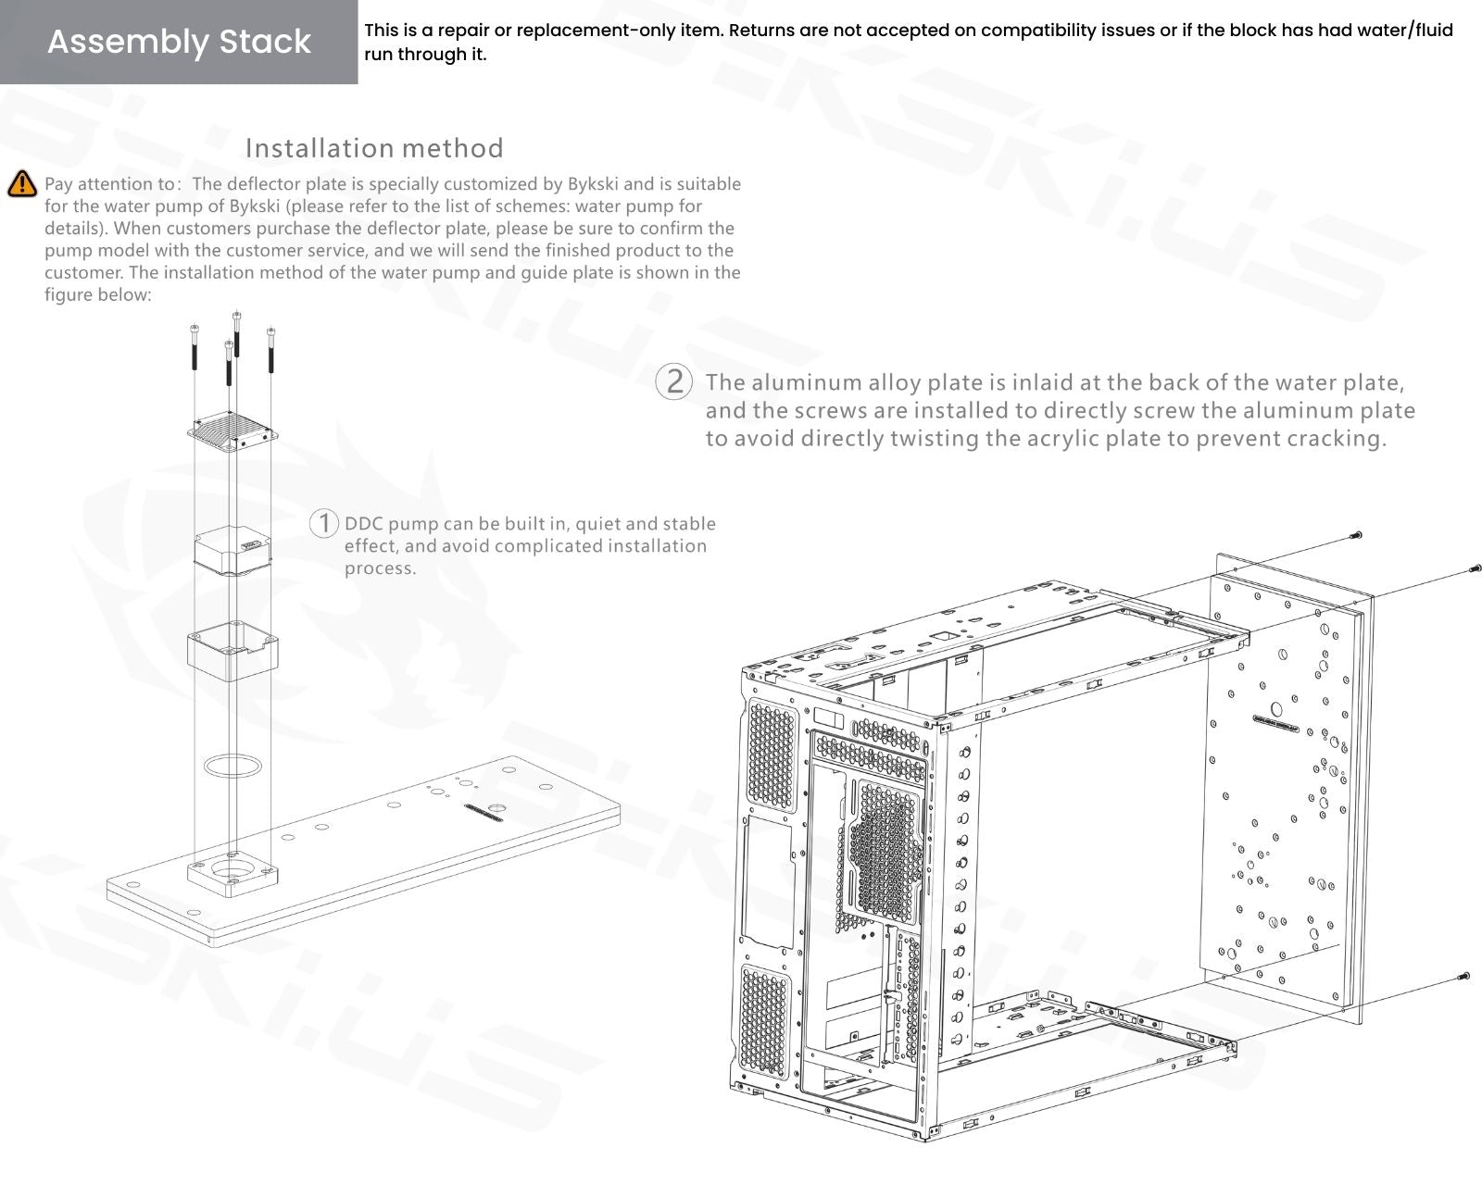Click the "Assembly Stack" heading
pos(179,42)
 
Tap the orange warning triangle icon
pos(21,184)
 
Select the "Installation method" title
pos(374,148)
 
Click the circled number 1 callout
pos(323,523)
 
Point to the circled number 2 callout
pos(674,381)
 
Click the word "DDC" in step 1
pos(364,524)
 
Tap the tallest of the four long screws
pos(237,334)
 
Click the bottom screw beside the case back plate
pos(1463,976)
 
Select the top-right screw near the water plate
pos(1475,569)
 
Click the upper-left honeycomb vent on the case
pos(772,755)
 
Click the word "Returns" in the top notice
pos(762,31)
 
